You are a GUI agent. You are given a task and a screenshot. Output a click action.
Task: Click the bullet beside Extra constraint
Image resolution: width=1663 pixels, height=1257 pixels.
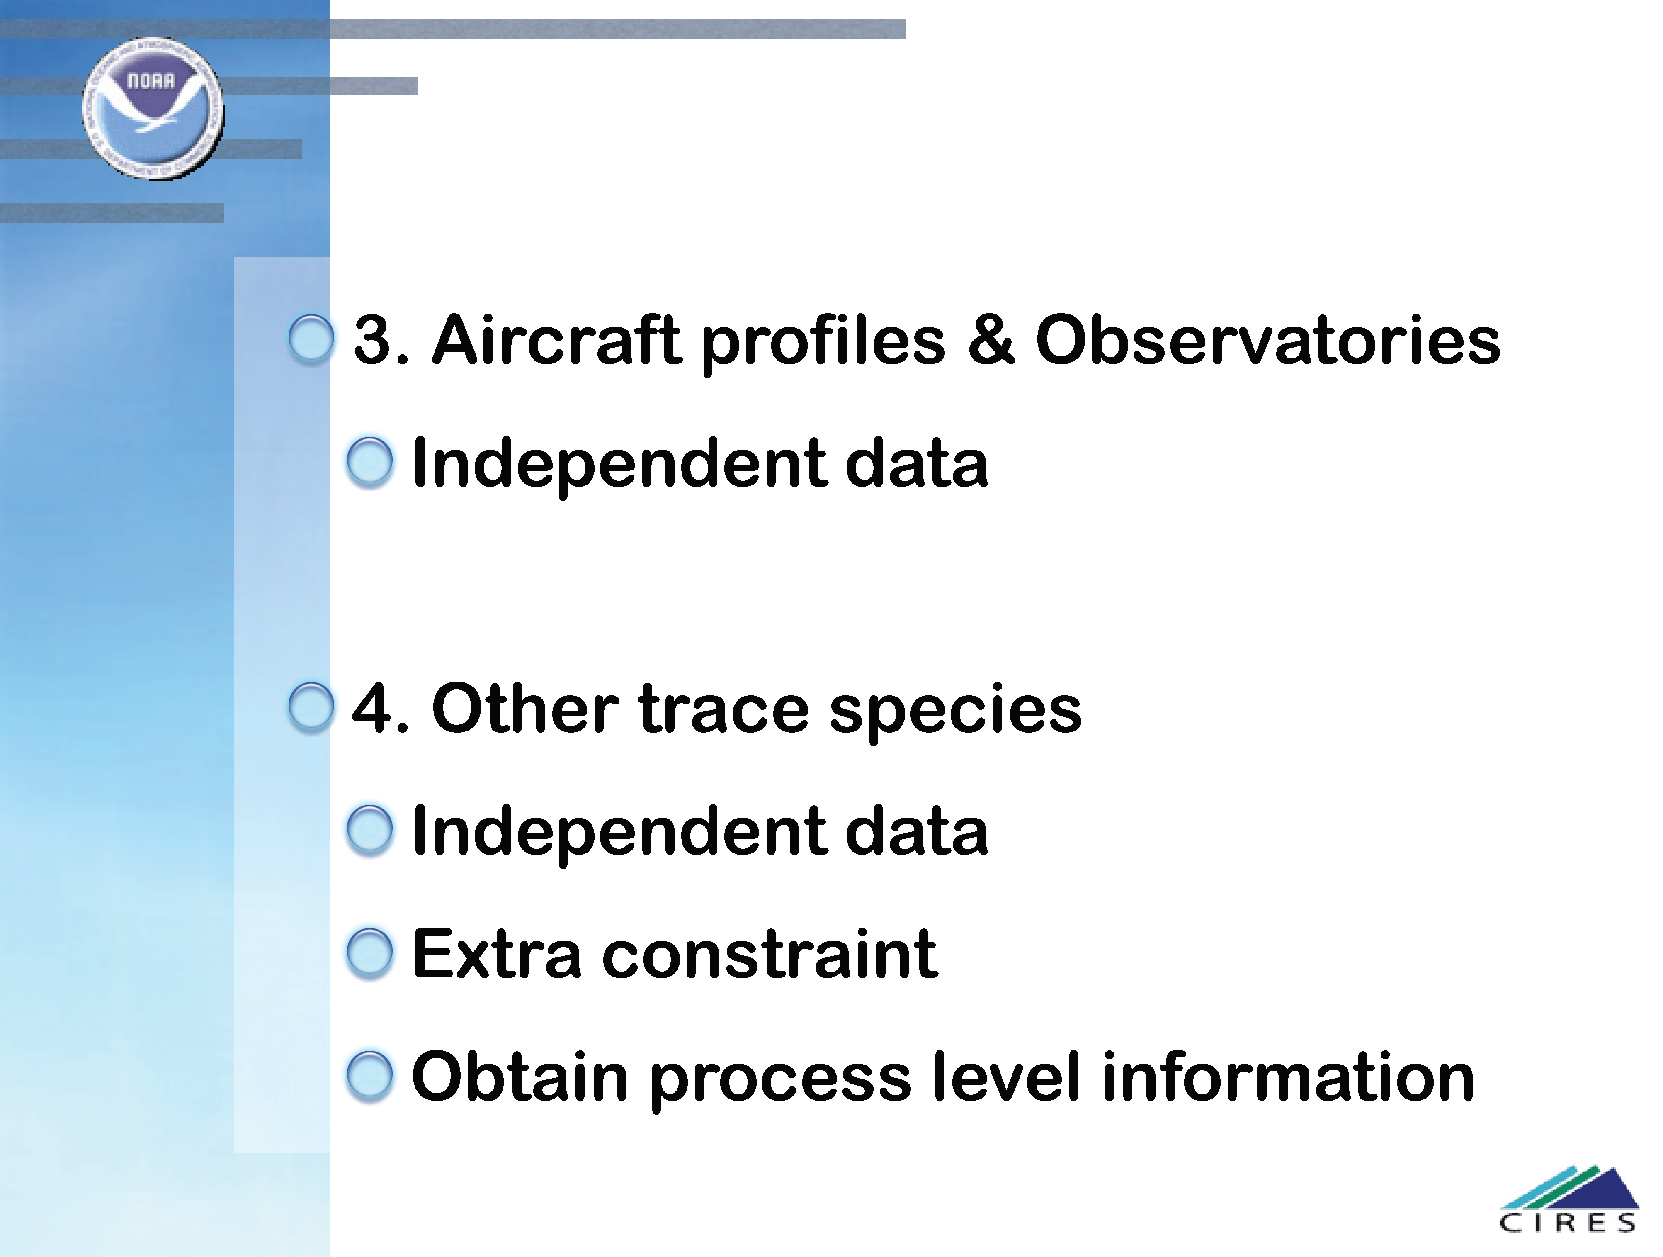[x=370, y=953]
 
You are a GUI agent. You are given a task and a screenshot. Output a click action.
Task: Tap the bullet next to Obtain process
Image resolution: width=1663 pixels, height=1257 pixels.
[x=370, y=1076]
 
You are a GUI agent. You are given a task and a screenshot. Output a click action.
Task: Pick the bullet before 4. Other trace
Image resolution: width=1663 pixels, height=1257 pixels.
[x=311, y=707]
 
